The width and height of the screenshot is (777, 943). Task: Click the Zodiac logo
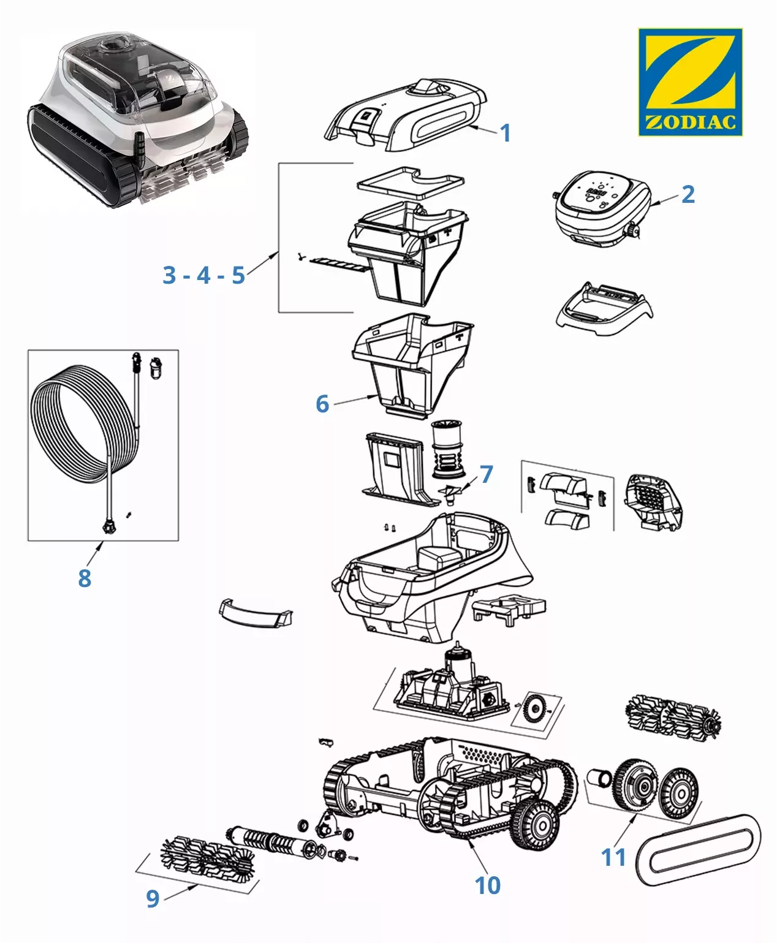[690, 81]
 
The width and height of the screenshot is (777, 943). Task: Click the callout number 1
[505, 133]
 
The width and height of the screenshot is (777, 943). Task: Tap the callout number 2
[688, 194]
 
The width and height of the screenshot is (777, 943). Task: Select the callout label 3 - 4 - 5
[203, 275]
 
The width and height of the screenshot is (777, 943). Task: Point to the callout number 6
[322, 404]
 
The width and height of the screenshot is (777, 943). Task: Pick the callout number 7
[486, 474]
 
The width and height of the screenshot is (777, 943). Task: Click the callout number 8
[85, 577]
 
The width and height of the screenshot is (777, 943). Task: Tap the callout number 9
[153, 898]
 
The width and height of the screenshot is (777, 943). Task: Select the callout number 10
[487, 885]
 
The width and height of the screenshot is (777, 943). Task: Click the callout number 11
[613, 857]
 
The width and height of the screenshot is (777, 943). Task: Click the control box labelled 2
[601, 208]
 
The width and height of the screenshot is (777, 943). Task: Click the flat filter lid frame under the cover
[411, 181]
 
